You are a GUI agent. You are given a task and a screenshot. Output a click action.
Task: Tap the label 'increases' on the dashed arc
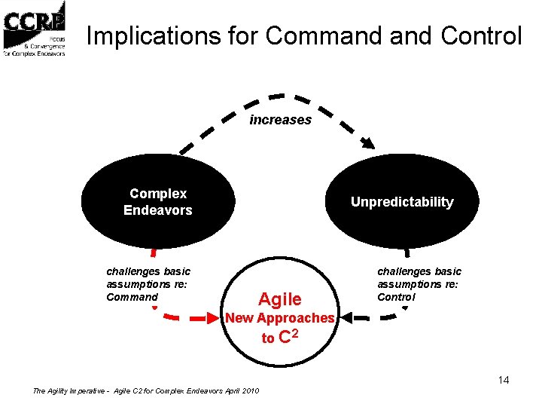(x=280, y=120)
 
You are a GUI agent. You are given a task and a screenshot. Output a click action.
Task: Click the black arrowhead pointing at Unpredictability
(x=370, y=142)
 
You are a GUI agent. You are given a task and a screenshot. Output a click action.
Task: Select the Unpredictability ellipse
(x=402, y=202)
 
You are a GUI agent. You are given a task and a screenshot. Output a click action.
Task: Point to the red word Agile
(x=280, y=299)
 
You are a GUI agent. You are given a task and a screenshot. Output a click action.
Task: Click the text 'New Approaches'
(x=280, y=318)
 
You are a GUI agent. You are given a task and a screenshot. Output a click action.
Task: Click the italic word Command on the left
(x=132, y=297)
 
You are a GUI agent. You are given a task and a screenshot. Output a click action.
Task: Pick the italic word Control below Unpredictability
(x=396, y=297)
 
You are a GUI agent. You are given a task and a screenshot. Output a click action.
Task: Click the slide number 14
(x=503, y=380)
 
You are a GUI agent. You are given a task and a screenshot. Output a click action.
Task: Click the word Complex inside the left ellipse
(x=158, y=194)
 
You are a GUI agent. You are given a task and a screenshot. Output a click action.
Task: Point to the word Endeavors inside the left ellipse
(x=158, y=210)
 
